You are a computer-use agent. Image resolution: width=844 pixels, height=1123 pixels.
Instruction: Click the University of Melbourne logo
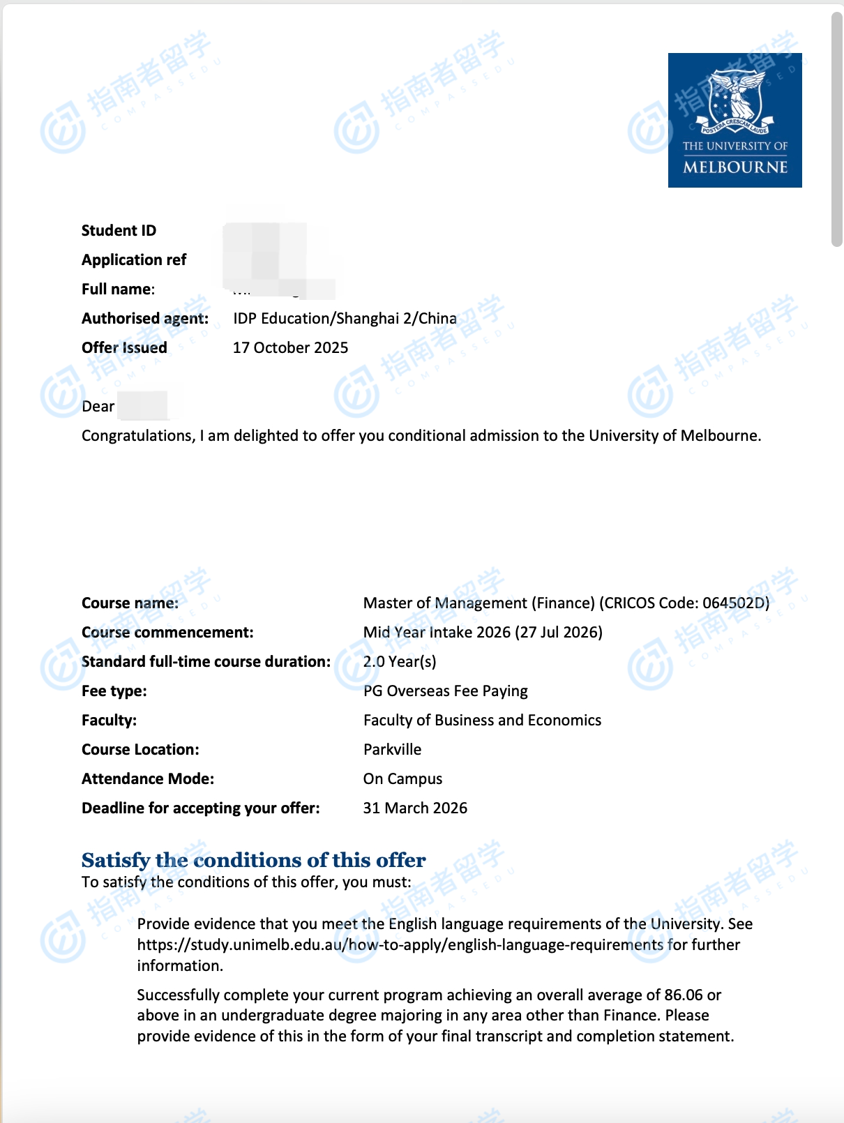click(734, 120)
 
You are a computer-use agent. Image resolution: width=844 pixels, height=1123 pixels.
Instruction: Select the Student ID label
click(119, 231)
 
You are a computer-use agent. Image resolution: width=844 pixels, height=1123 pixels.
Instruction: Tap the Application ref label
click(134, 260)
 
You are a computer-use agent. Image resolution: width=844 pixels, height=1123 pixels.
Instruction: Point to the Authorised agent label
click(145, 319)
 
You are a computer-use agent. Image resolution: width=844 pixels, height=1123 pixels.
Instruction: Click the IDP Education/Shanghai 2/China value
click(345, 319)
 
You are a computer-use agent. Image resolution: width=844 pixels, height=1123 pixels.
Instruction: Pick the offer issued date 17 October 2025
click(290, 348)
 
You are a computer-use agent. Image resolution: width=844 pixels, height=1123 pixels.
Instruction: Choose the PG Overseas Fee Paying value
click(445, 691)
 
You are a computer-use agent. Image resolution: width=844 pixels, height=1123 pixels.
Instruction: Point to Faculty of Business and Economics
click(482, 721)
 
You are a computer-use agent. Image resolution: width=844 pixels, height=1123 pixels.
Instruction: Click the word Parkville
click(392, 750)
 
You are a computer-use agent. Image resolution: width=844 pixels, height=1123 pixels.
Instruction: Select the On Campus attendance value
click(402, 779)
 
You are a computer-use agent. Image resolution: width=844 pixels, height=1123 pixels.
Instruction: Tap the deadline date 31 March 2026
click(415, 808)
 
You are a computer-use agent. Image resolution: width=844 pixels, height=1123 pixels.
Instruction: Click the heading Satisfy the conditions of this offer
click(253, 860)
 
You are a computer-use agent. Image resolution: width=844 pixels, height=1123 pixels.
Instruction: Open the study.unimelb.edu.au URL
click(400, 945)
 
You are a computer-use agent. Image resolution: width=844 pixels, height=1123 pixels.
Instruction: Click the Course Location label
click(140, 750)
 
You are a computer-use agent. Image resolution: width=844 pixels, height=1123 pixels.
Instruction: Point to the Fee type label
click(114, 691)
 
